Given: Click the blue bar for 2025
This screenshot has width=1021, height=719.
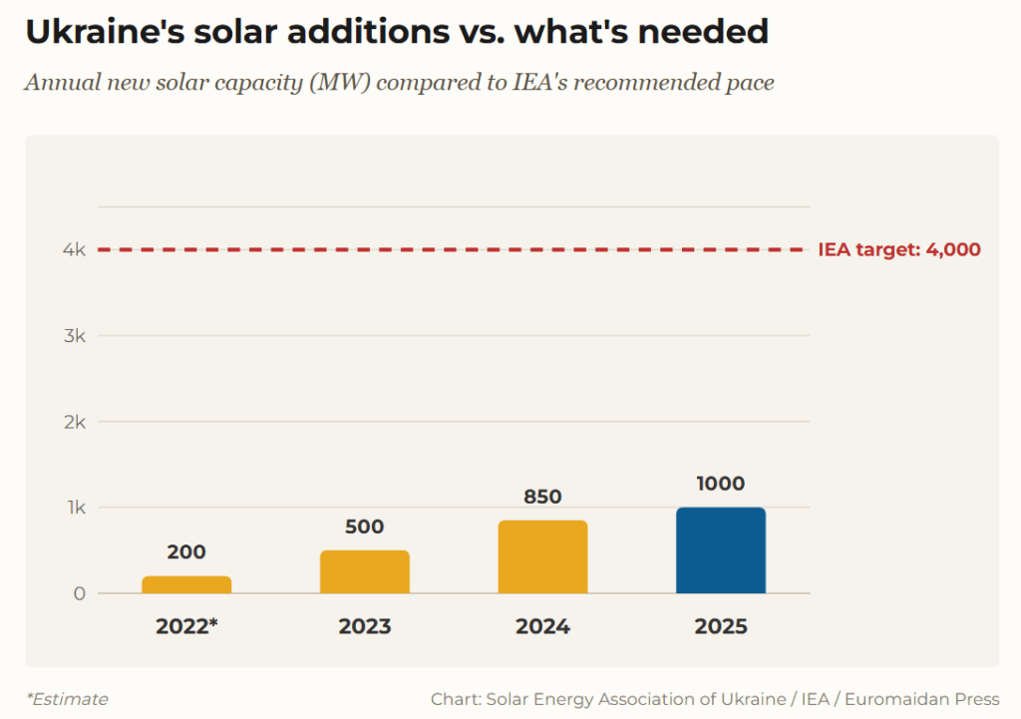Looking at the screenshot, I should click(721, 550).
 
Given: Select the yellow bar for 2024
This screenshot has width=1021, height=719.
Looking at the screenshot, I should click(542, 556).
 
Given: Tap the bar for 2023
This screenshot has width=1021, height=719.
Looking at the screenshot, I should click(365, 571).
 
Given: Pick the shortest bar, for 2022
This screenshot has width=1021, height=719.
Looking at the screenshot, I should click(186, 584).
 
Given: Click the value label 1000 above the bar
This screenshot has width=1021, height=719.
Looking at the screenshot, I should click(721, 484).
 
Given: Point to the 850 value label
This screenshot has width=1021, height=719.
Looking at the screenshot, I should click(542, 497).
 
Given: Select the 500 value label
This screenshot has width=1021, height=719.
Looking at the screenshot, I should click(365, 527).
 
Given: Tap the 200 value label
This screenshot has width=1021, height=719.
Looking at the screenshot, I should click(186, 552).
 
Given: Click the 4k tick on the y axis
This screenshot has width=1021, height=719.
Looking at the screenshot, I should click(74, 250).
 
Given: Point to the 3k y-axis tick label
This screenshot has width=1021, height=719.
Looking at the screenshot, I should click(74, 336).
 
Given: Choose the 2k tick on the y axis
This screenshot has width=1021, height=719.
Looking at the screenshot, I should click(74, 422).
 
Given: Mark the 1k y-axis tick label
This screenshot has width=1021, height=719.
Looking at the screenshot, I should click(75, 508).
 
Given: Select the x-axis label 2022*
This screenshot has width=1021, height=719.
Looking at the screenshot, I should click(186, 627).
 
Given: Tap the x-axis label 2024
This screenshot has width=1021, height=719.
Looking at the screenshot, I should click(542, 627).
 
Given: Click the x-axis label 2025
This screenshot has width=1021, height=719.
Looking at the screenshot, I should click(721, 627).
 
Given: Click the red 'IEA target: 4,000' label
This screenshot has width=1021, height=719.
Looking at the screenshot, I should click(899, 250).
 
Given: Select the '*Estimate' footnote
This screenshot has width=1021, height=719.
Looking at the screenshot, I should click(67, 699).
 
